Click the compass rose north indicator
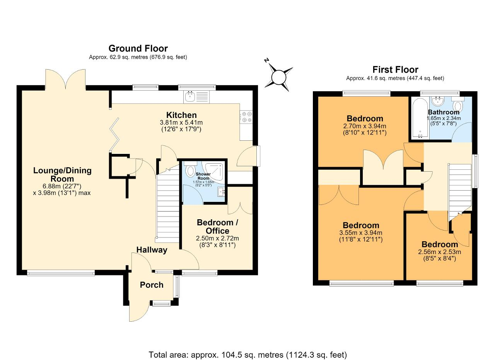267,60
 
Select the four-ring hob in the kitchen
247,117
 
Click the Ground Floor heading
138,48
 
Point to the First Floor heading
395,70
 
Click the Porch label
152,285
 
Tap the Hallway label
152,250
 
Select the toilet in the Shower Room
190,169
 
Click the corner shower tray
215,172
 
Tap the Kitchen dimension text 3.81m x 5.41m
181,123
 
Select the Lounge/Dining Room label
62,174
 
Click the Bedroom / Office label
217,227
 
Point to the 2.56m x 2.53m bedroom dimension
440,252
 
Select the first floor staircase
460,192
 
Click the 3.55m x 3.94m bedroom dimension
361,232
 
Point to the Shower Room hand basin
222,192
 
